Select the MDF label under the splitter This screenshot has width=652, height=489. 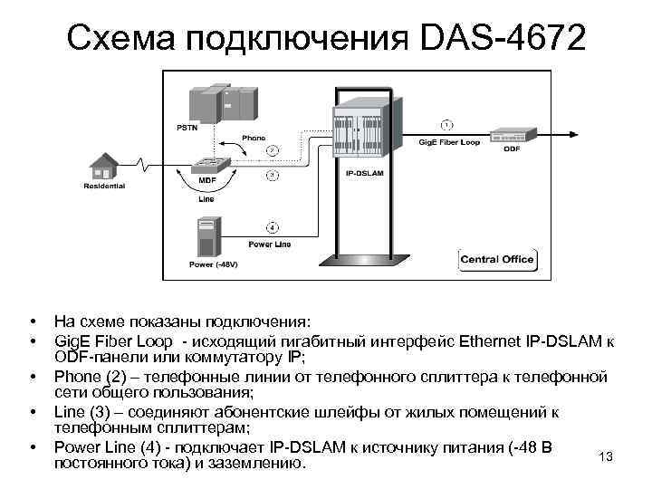[x=206, y=180]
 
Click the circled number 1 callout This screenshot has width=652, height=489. [x=446, y=122]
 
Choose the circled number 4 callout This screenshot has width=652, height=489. [x=271, y=226]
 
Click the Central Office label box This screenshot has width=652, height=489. [x=497, y=259]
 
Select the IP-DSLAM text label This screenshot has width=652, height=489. [x=362, y=171]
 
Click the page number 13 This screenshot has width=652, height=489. [x=606, y=456]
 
